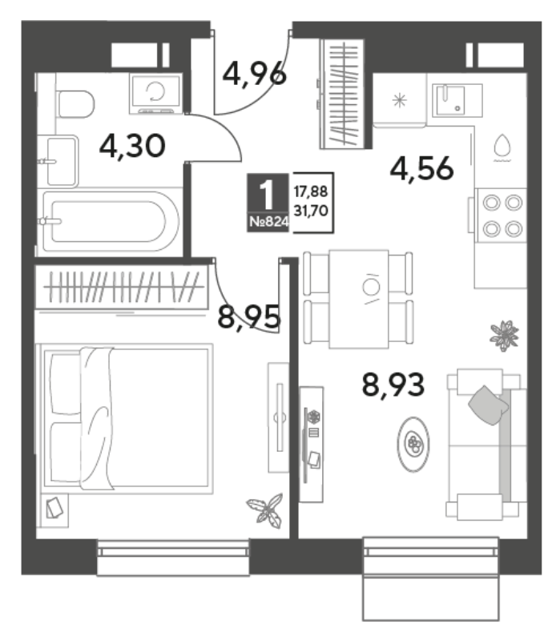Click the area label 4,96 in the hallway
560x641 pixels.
(254, 74)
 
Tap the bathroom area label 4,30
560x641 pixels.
(132, 146)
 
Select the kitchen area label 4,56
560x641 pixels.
(422, 168)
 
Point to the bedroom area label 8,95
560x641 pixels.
(249, 316)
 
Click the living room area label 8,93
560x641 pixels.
(393, 385)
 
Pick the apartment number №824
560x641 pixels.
(268, 222)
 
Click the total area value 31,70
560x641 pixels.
(311, 211)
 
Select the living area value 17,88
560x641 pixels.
(311, 191)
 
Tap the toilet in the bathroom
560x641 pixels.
(75, 104)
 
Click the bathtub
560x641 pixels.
(110, 222)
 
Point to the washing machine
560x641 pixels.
(155, 94)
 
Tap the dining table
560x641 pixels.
(358, 299)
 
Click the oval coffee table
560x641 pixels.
(413, 444)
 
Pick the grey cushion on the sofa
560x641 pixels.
(488, 405)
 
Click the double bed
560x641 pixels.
(127, 418)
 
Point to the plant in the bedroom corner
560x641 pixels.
(266, 510)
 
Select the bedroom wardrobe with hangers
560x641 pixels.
(121, 286)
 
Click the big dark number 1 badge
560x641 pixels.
(268, 195)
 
